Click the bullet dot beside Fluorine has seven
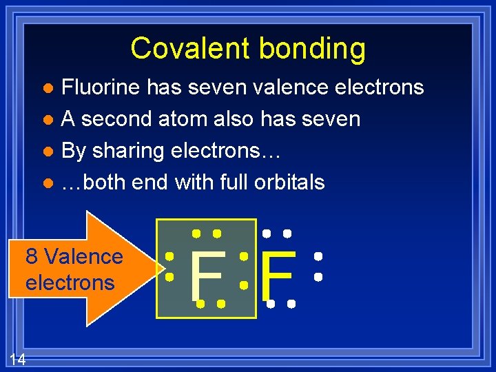[x=47, y=88]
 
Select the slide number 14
[x=18, y=358]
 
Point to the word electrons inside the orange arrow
[x=70, y=282]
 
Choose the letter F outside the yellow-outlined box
[x=279, y=276]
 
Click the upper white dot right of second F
[x=318, y=256]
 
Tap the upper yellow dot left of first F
[x=169, y=256]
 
